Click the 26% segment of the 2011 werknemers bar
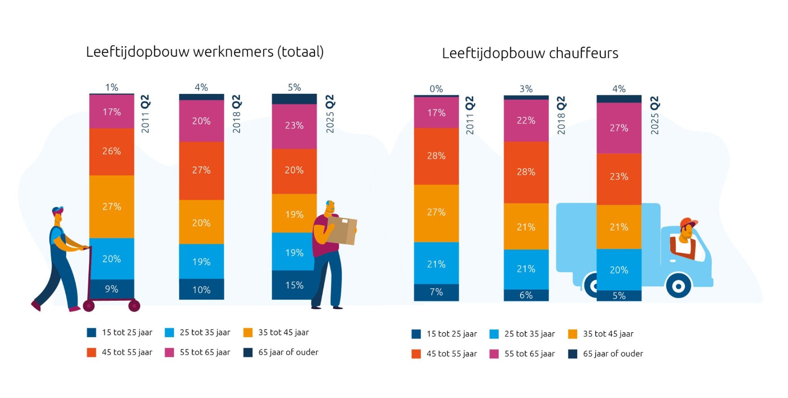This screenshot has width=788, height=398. (111, 151)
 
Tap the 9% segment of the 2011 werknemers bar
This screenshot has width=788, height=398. (111, 289)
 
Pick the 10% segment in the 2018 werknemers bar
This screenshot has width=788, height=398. (201, 289)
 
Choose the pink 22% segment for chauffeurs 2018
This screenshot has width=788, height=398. (526, 121)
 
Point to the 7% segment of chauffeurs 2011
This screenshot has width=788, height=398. (436, 292)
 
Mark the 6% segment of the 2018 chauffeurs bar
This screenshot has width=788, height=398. (526, 295)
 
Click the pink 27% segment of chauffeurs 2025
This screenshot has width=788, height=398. (619, 128)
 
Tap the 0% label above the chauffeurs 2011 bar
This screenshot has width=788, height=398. (436, 89)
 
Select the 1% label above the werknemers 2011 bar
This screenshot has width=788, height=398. (111, 87)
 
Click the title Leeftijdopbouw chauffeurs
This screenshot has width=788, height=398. (530, 53)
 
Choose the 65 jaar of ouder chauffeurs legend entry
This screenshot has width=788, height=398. (606, 354)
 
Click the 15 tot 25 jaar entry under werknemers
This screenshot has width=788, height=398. (120, 333)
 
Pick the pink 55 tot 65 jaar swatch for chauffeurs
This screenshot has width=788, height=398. (494, 354)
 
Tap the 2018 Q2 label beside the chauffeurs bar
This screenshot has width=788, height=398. (561, 115)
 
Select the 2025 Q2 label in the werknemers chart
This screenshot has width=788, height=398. (330, 114)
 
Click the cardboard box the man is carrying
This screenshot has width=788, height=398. (342, 230)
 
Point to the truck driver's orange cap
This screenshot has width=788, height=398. (687, 222)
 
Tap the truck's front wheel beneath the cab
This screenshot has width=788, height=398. (678, 286)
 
